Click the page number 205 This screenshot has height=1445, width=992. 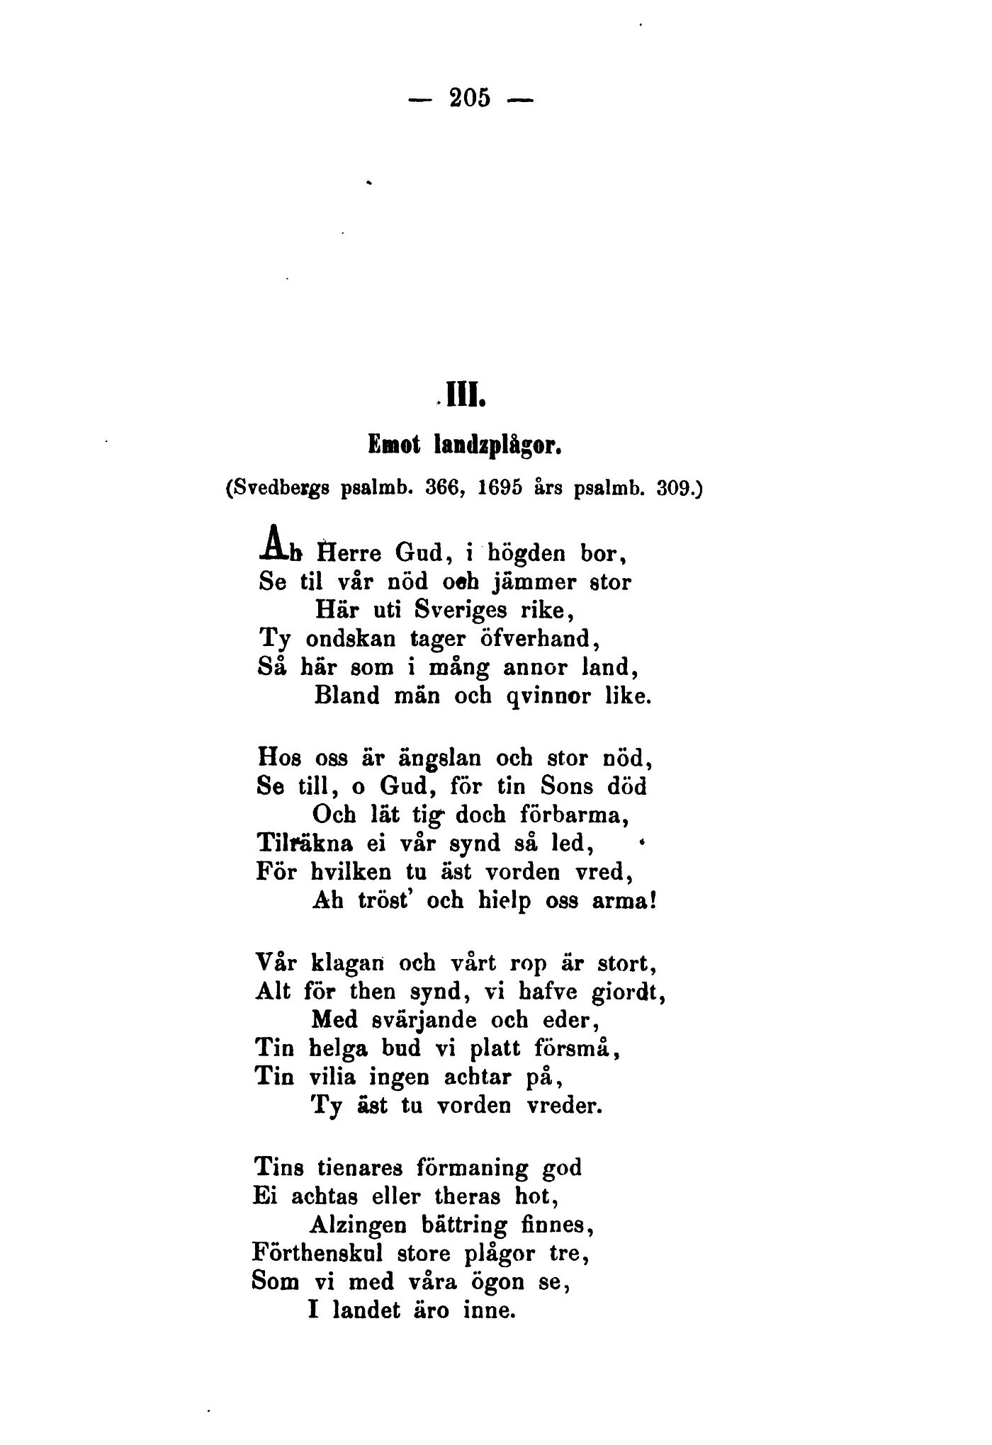[x=470, y=98]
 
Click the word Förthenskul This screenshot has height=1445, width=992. [x=317, y=1253]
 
